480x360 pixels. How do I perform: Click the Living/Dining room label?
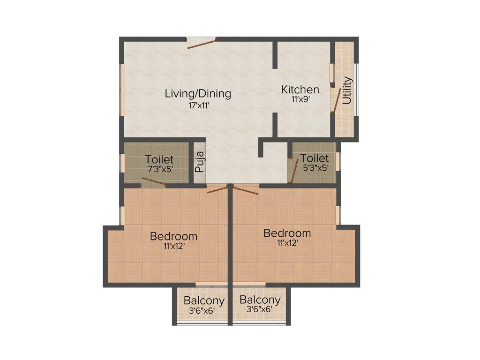[198, 93]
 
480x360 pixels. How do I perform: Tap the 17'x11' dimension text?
[198, 105]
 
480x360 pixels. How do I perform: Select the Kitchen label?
[300, 89]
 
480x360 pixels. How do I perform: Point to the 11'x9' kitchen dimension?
[300, 99]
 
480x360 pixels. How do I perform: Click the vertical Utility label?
[347, 90]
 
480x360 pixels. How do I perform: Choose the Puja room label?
[200, 162]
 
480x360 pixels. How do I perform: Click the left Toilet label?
[159, 159]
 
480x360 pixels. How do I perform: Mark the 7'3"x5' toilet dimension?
[159, 169]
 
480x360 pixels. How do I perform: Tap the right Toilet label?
[314, 158]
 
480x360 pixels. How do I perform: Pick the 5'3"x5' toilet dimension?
[314, 167]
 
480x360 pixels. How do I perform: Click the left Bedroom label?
[173, 236]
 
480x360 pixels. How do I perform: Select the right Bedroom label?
[287, 233]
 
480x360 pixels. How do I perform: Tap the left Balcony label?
[204, 300]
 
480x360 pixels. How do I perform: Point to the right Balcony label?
[260, 300]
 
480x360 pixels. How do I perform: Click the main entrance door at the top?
[202, 44]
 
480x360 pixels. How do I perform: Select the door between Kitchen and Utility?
[336, 99]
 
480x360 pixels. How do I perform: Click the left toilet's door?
[154, 182]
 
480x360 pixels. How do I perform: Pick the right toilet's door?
[294, 171]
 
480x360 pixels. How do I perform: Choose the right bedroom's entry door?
[245, 190]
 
